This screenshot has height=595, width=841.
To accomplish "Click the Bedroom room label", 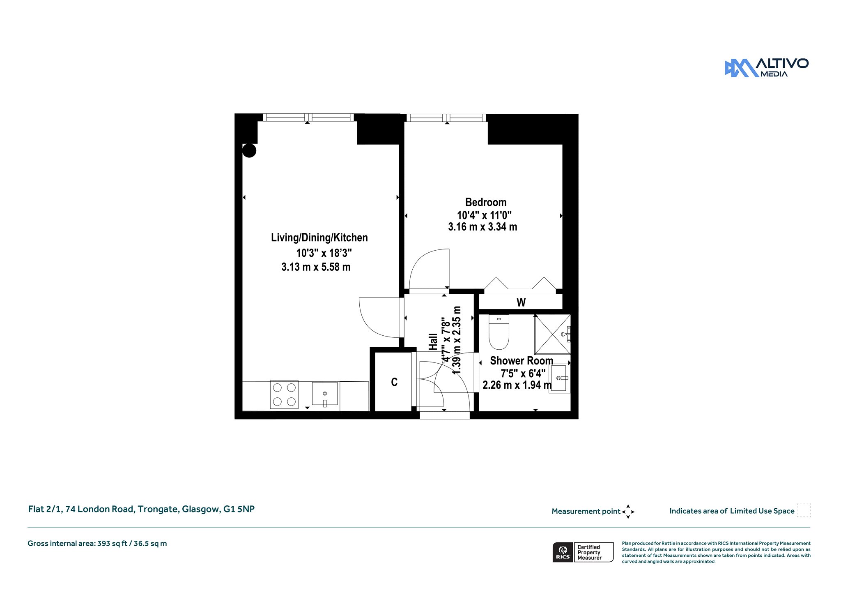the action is pos(486,202).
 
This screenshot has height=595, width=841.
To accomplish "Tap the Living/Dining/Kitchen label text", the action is pos(319,238).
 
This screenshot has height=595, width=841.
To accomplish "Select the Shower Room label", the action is pos(522,361).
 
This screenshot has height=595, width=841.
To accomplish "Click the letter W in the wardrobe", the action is pos(521,302).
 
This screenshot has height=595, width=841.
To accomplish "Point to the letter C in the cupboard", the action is pos(394,382).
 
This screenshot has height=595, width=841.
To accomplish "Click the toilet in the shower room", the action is pos(499,332).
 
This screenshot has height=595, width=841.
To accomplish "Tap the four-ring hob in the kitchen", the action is pos(284,394).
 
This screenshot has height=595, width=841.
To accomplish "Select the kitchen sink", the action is pos(325,394).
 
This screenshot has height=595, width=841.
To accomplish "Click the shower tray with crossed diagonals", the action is pos(552,334).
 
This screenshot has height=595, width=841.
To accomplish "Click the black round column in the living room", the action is pos(249,150).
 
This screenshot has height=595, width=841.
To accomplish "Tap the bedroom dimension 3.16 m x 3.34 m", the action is pos(483,227).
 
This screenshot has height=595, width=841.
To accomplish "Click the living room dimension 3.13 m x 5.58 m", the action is pos(316,267).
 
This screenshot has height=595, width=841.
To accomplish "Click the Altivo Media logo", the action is pos(766,68).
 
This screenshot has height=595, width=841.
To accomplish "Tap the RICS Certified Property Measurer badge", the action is pos(583,552).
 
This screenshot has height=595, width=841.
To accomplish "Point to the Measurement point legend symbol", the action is pos(628,512).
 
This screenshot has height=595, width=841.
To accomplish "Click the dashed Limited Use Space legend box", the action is pos(804,510).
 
